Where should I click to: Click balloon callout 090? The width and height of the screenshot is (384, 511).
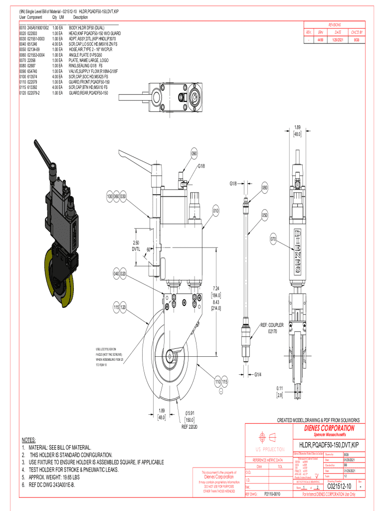(194, 154)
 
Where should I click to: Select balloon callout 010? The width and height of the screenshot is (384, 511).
(215, 211)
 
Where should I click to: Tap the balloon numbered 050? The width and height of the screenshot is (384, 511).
(265, 216)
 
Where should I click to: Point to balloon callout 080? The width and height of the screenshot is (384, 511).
(265, 189)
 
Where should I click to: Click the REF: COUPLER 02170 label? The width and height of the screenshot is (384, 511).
(272, 328)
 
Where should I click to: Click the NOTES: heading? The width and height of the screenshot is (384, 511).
(28, 440)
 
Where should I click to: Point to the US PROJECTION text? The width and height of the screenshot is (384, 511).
(270, 449)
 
